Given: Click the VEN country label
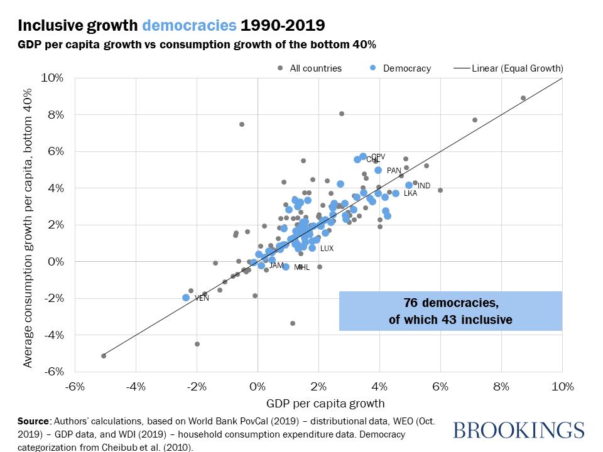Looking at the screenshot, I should click(202, 298).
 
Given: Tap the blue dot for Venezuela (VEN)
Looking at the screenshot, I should click(186, 298).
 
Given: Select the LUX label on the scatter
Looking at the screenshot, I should click(327, 249).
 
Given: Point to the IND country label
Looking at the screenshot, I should click(424, 186).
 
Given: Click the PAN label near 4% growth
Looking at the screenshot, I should click(394, 170).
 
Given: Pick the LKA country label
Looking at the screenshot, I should click(410, 193).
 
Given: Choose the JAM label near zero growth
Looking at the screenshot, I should click(276, 266).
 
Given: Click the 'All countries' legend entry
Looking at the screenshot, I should click(315, 68).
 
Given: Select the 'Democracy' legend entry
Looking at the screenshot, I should click(406, 68).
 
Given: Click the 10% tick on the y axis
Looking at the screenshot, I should click(53, 78).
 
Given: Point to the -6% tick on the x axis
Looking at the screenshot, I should click(75, 387).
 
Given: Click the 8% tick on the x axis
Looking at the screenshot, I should click(501, 387).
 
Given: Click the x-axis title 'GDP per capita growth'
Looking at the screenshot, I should click(318, 403).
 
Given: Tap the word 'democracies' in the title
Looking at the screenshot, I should click(190, 26).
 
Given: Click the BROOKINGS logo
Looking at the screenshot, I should click(518, 430).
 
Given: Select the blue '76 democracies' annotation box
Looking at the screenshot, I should click(450, 311).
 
